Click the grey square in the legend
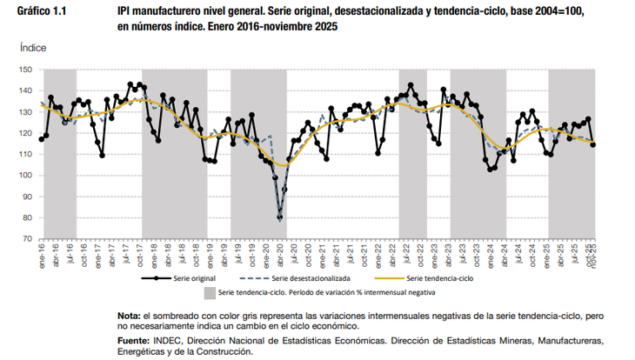210,294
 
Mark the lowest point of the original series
280,218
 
